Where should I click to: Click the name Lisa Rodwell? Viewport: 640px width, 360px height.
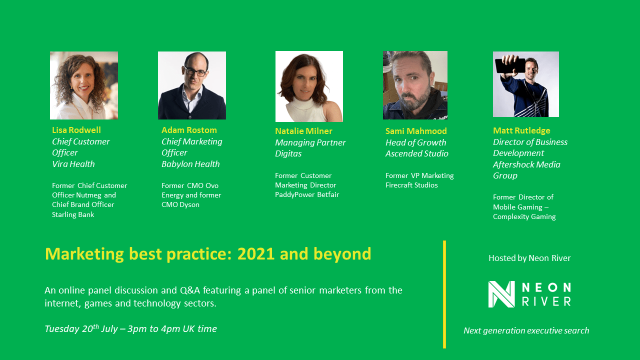(x=76, y=130)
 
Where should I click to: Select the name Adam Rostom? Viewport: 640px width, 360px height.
(x=189, y=130)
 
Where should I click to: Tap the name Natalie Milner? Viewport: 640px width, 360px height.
(x=303, y=131)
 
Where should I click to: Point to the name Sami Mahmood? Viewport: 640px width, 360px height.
(x=416, y=131)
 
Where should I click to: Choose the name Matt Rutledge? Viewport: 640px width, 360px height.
(x=521, y=131)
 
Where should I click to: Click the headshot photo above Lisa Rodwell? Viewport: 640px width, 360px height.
(x=84, y=85)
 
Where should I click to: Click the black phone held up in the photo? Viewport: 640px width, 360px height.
(x=510, y=65)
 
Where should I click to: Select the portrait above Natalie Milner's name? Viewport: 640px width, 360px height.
(x=309, y=86)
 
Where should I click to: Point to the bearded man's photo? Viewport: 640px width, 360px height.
(x=415, y=85)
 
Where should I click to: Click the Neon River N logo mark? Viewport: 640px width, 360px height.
(x=501, y=294)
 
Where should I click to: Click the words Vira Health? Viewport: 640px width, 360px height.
(x=73, y=164)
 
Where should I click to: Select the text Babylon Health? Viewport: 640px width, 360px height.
(x=190, y=164)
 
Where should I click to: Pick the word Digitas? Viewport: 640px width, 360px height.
(x=288, y=153)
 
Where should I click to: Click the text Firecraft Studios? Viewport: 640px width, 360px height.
(x=411, y=185)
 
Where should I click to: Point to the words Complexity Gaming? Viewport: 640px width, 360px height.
(x=524, y=217)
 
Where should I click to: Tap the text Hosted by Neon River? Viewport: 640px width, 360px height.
(x=529, y=258)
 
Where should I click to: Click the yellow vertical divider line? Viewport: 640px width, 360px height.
(x=444, y=294)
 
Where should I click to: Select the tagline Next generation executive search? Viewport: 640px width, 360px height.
(x=526, y=330)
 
